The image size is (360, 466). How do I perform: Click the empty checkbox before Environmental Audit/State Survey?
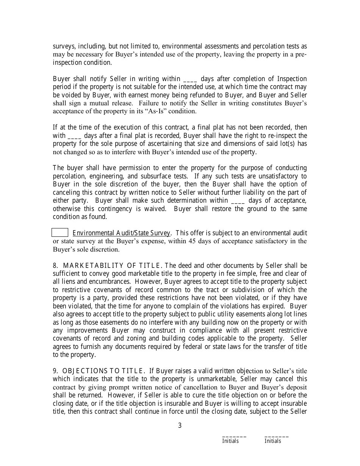point(60,233)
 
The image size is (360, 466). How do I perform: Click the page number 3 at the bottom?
point(180,425)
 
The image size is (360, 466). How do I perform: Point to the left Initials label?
point(230,441)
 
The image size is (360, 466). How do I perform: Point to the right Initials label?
point(273,441)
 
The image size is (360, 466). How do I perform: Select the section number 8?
point(55,266)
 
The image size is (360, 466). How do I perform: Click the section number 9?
point(55,371)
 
